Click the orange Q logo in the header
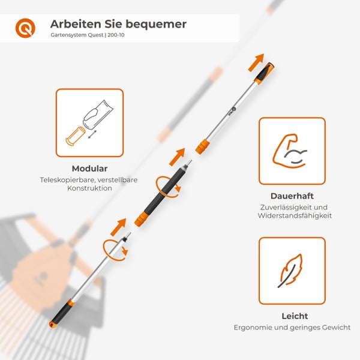coord(25,28)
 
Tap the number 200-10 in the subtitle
coord(116,35)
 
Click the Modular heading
coord(89,169)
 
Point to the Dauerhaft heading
coord(292,196)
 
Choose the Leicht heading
coord(295,316)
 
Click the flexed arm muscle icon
coord(290,151)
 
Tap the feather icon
coord(290,271)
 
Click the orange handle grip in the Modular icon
coord(76,136)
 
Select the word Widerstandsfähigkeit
coord(295,216)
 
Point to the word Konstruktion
coord(89,188)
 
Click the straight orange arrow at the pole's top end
coord(256,62)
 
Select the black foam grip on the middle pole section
coord(165,191)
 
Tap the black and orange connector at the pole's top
coord(264,73)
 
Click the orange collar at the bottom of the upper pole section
coord(203,147)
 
